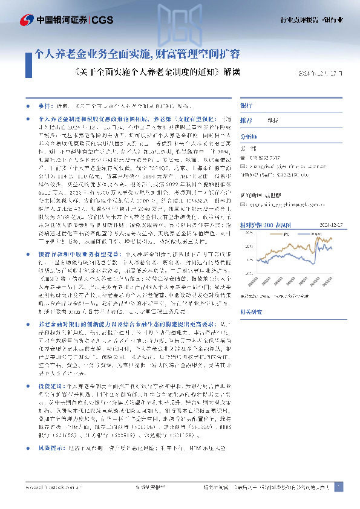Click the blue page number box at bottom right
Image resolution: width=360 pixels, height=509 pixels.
tap(338, 486)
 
